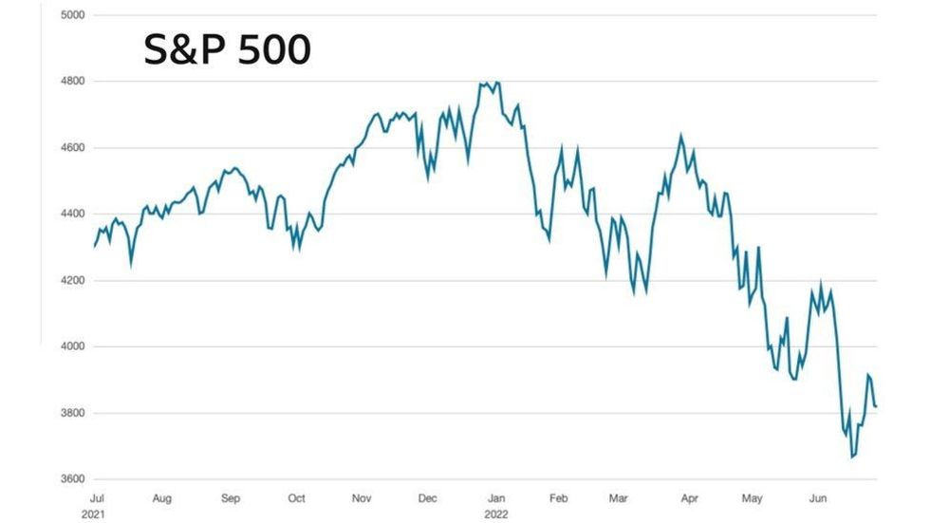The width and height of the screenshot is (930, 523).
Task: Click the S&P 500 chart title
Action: click(x=227, y=49)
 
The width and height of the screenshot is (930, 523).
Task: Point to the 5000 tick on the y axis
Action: click(x=72, y=15)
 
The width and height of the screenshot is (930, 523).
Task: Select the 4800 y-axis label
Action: click(x=72, y=82)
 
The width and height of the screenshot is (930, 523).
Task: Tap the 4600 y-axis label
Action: click(x=72, y=148)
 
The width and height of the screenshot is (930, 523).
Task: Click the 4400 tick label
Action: click(x=72, y=215)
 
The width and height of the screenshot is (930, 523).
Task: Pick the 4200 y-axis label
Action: click(x=72, y=281)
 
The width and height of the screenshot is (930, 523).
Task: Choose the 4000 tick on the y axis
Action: click(x=72, y=347)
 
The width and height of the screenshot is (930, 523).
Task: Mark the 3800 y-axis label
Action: click(x=72, y=414)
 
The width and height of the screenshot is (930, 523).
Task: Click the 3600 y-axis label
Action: click(x=72, y=479)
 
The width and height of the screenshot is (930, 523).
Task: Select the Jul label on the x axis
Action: click(x=96, y=497)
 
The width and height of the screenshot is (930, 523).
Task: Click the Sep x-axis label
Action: click(x=231, y=497)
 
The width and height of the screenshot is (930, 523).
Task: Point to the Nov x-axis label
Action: click(x=361, y=497)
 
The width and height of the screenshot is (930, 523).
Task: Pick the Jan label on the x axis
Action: click(x=495, y=497)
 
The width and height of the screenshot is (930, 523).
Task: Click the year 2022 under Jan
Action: click(x=495, y=513)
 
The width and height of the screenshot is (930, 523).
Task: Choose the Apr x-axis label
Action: click(x=690, y=497)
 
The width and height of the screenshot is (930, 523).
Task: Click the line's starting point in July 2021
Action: click(x=95, y=247)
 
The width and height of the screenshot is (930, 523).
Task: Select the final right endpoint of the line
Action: click(x=877, y=407)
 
